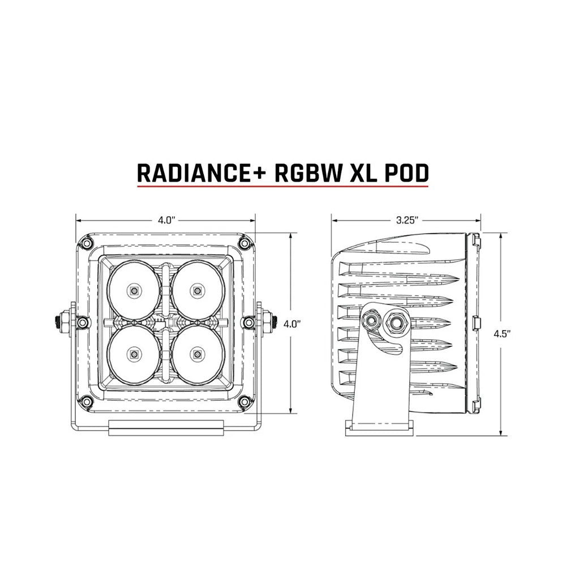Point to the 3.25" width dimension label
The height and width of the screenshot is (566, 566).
tap(406, 220)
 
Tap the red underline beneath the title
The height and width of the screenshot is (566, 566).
tap(282, 185)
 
